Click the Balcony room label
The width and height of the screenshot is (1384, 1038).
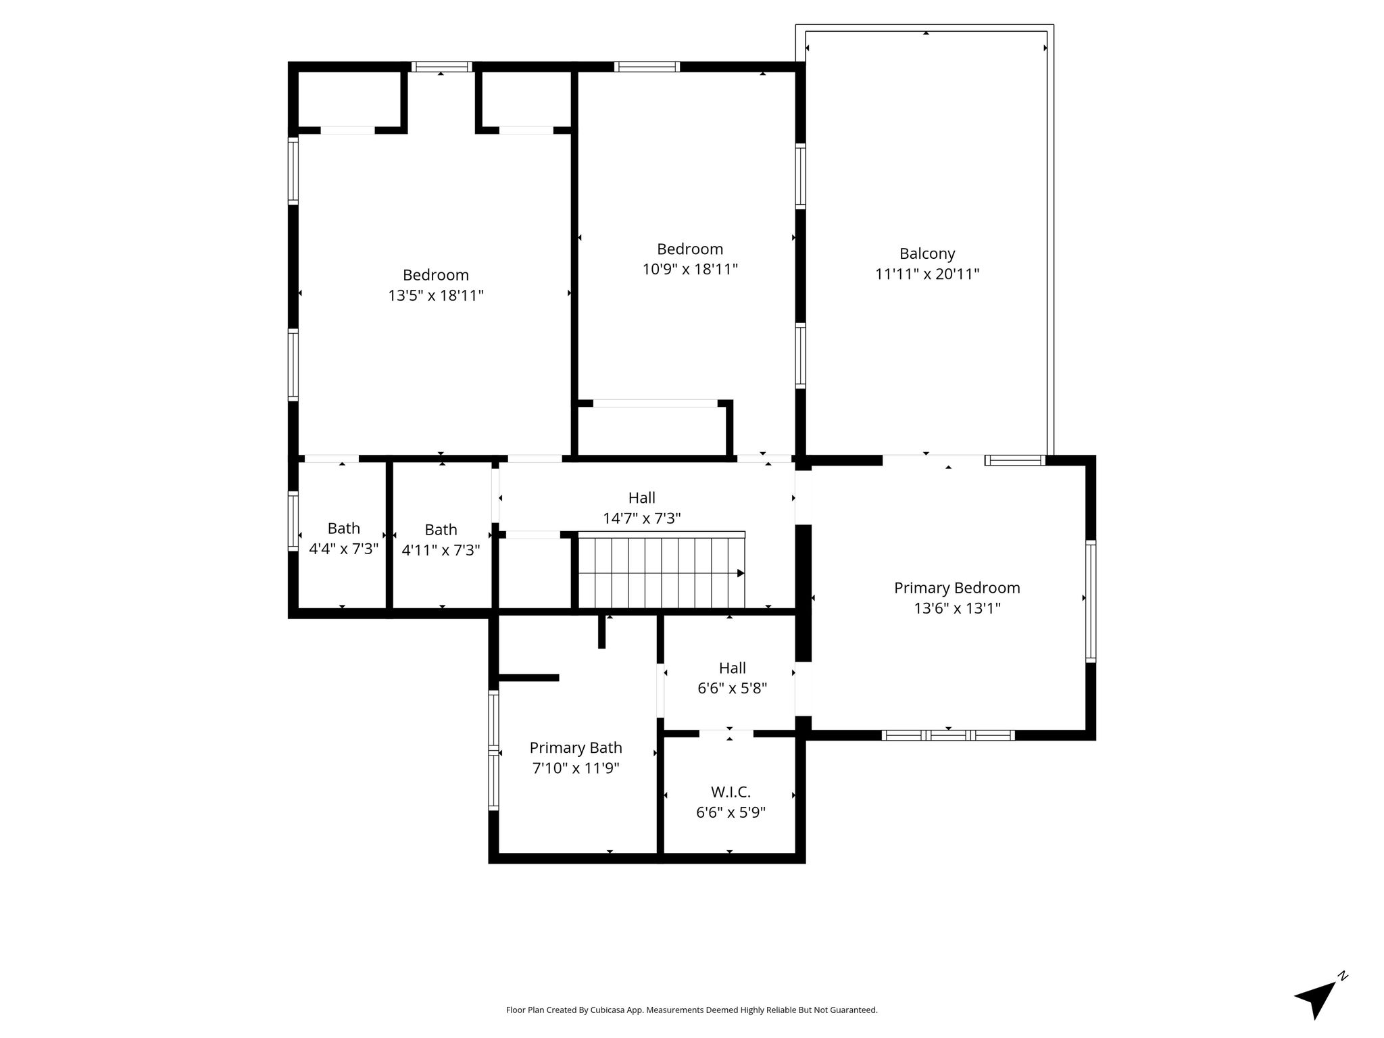point(927,254)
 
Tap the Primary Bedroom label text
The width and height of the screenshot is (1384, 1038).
point(957,588)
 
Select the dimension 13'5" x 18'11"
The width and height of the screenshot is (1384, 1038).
point(436,295)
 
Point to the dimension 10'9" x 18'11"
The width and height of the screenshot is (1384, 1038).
point(690,269)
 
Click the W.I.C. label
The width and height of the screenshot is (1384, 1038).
point(731,792)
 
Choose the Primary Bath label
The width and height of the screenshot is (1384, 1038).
point(576,748)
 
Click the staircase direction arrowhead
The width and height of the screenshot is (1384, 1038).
point(741,574)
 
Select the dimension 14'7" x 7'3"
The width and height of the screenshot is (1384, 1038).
point(642,518)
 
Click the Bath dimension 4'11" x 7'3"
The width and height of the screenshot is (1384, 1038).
point(441,550)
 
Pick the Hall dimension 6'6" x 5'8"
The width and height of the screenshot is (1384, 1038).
point(733,689)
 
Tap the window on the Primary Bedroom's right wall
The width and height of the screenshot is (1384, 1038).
point(1091,601)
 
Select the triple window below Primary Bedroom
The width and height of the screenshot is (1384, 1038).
point(948,735)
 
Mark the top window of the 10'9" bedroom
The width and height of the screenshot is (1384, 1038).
point(647,66)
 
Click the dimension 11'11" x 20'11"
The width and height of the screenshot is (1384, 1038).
point(927,274)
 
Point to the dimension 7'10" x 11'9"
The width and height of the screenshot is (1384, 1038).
point(576,768)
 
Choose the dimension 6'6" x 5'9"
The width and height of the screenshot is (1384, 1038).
point(731,812)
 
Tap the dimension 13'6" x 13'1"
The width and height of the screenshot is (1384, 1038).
point(957,608)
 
